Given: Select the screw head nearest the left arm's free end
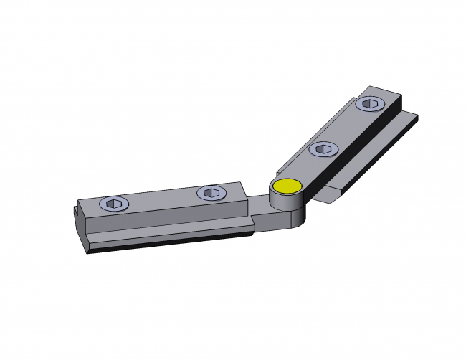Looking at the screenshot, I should click(x=114, y=204).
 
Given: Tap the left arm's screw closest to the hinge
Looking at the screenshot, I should click(x=210, y=192).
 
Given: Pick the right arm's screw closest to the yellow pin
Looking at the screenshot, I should click(x=323, y=148).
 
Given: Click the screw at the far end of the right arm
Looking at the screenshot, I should click(x=370, y=105).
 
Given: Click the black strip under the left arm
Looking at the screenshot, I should click(x=172, y=240).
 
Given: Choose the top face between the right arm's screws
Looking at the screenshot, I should click(x=347, y=127).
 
